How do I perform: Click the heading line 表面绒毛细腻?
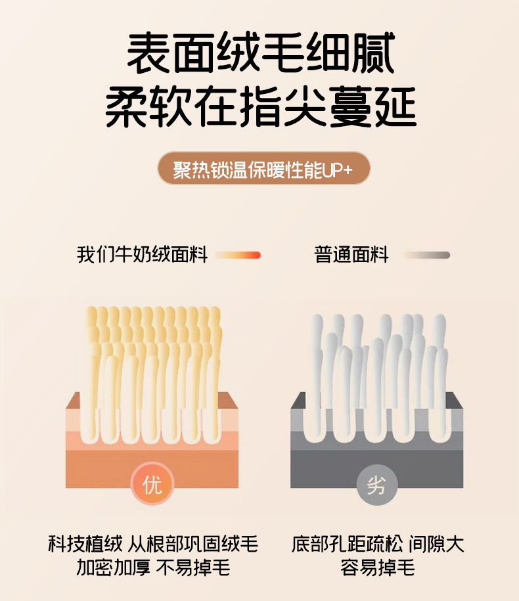[261, 53]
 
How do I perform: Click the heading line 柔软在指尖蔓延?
[261, 107]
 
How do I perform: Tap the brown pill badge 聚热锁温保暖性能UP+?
[263, 168]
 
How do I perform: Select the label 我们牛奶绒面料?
[142, 254]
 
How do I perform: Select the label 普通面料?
[351, 254]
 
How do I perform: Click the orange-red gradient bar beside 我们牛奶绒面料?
[238, 255]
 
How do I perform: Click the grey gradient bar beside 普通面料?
[427, 255]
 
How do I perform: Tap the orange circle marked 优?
[152, 485]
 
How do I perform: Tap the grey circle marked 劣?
[376, 485]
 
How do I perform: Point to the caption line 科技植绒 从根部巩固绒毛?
[153, 543]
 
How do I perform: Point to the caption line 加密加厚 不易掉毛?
[153, 568]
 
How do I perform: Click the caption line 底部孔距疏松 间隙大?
[378, 543]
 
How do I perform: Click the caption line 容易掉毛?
[378, 568]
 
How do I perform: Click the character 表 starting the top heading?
[148, 53]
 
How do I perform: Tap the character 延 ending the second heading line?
[395, 107]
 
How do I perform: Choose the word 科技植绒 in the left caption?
[85, 543]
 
